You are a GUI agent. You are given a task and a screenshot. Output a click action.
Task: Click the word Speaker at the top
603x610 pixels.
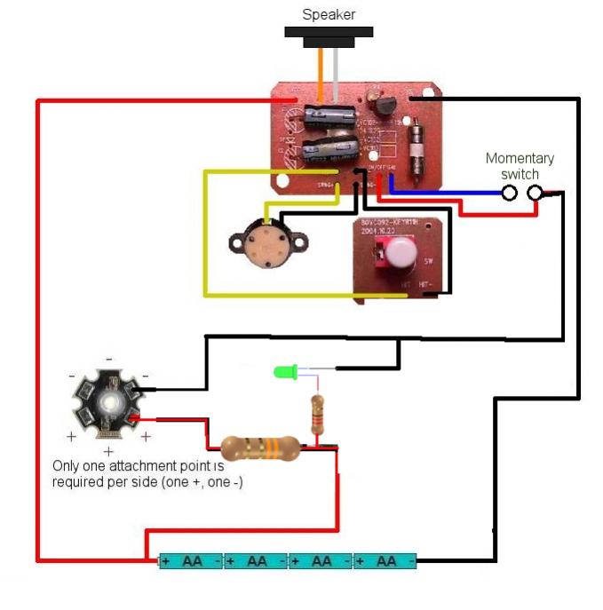coord(329,14)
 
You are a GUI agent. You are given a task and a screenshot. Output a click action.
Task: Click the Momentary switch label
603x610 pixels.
coord(520,166)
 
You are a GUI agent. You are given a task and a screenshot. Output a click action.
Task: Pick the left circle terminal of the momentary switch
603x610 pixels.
coord(510,193)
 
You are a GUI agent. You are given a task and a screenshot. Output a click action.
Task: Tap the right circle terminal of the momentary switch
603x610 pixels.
coord(535,193)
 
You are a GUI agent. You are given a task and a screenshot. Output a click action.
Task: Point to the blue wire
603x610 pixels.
coord(444,191)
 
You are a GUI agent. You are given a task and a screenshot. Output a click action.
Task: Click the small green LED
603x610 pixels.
coord(286,372)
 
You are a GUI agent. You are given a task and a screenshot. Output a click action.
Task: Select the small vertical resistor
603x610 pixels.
coord(317,415)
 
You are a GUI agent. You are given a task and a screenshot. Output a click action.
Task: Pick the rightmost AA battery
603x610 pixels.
coord(385,561)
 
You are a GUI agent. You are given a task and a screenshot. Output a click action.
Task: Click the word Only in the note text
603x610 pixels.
coord(67,466)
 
